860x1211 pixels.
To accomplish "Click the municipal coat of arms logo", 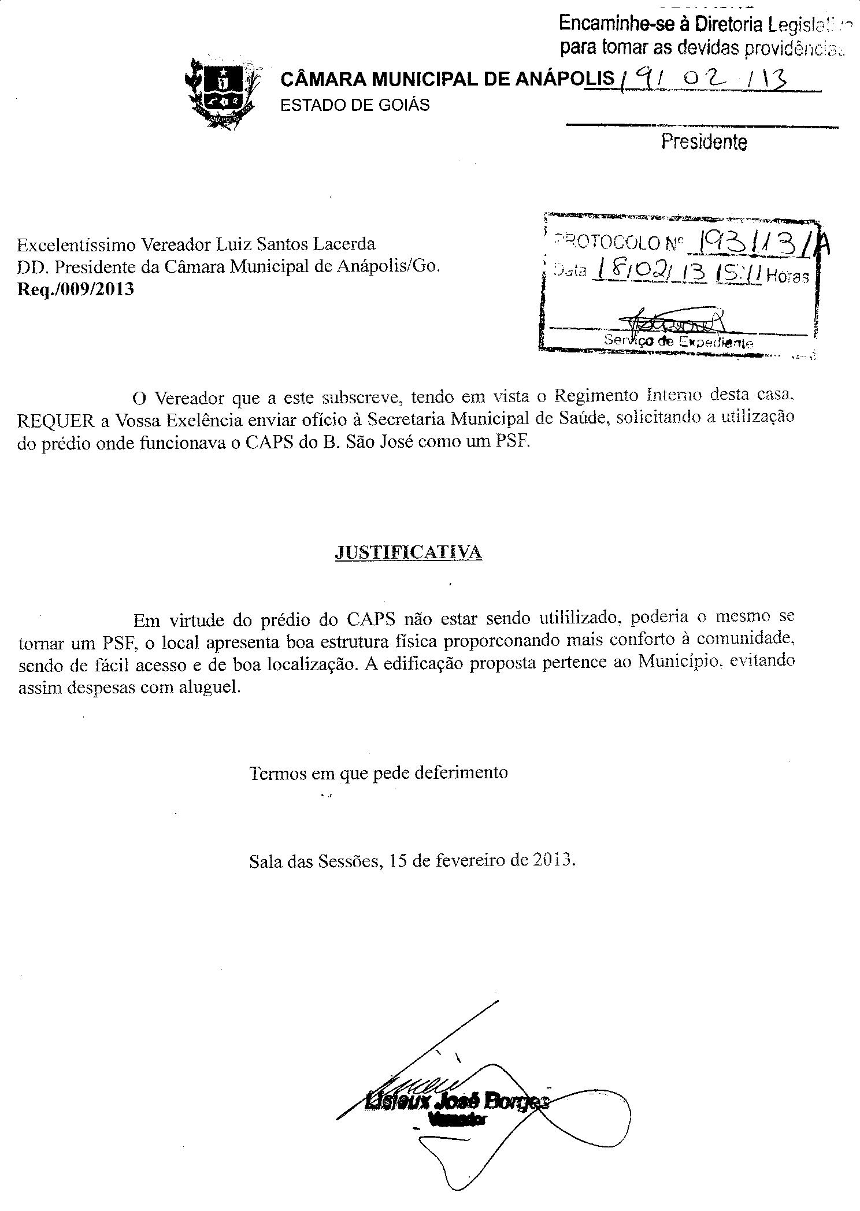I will tap(223, 92).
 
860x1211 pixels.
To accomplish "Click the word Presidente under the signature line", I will tap(704, 142).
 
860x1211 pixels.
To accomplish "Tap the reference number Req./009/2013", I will tap(76, 289).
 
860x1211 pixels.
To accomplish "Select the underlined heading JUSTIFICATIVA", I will tap(408, 552).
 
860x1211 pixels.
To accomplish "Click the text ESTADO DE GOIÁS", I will tap(355, 105).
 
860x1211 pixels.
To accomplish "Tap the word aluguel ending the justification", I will tap(210, 688).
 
